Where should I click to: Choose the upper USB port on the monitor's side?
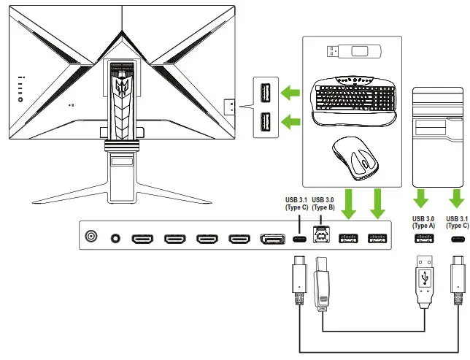(264, 93)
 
